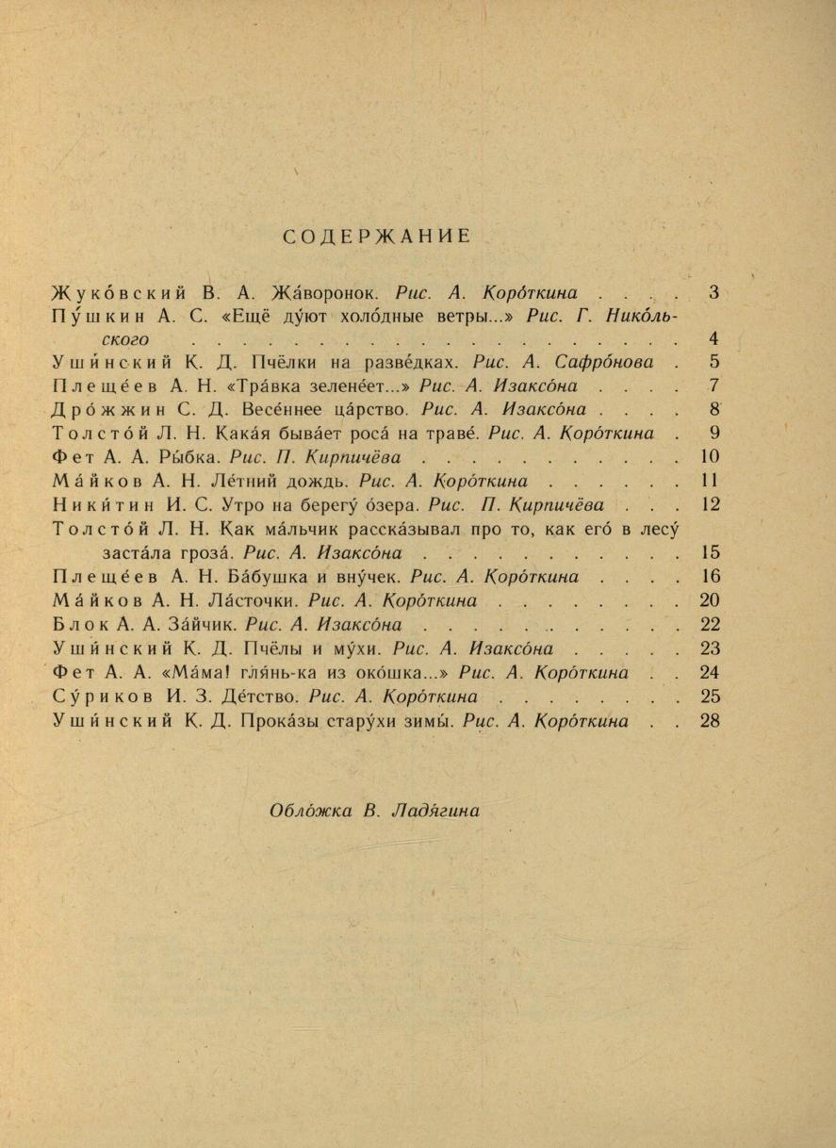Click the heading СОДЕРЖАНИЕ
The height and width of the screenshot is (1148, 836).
coord(376,237)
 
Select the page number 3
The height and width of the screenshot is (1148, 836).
coord(713,292)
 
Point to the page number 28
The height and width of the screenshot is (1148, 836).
coord(711,721)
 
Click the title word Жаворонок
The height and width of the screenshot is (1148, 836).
coord(325,292)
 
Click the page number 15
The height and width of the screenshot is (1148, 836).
coord(711,552)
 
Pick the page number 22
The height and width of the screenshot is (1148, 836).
coord(711,624)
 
